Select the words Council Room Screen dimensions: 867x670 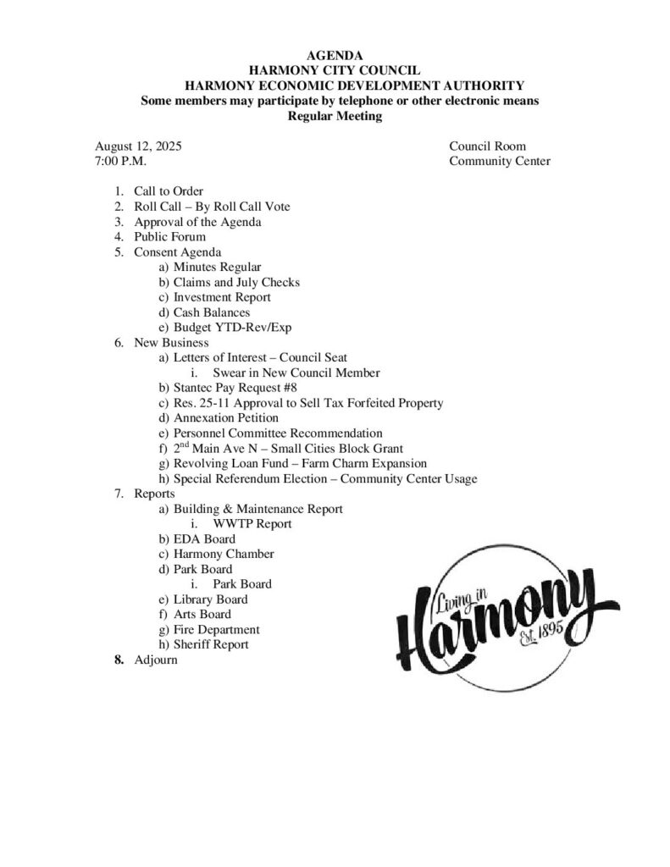pyautogui.click(x=487, y=146)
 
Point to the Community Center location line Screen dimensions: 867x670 pyautogui.click(x=499, y=161)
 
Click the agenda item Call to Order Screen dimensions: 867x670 pyautogui.click(x=169, y=191)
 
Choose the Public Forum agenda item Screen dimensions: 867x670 pyautogui.click(x=169, y=237)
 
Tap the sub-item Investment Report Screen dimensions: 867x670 pyautogui.click(x=222, y=297)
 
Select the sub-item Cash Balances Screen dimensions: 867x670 pyautogui.click(x=212, y=312)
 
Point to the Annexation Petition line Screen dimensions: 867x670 pyautogui.click(x=225, y=418)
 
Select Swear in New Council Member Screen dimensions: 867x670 pyautogui.click(x=291, y=373)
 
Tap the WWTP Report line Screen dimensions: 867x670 pyautogui.click(x=252, y=524)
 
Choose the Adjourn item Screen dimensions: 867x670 pyautogui.click(x=156, y=660)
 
